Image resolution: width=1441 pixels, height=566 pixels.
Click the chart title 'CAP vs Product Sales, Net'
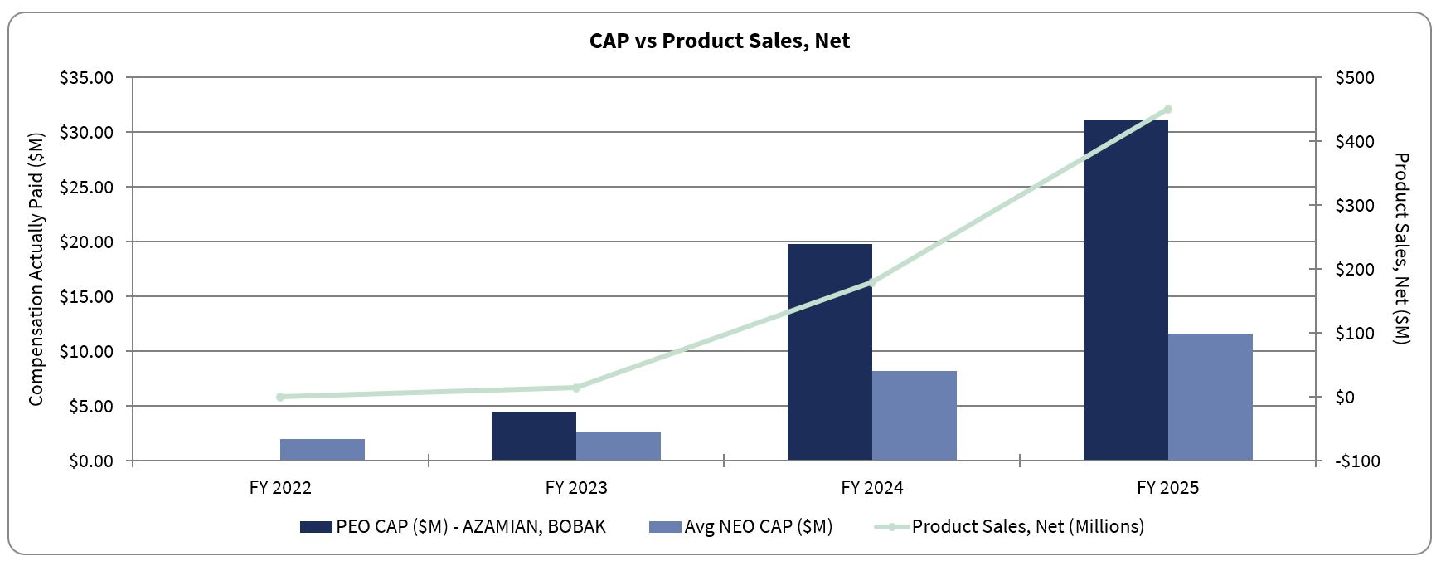(719, 41)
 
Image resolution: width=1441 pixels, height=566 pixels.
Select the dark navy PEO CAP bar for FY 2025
(1125, 290)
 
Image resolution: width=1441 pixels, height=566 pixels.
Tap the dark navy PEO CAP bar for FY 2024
(829, 352)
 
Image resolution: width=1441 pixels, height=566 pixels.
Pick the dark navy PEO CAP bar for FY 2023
(533, 436)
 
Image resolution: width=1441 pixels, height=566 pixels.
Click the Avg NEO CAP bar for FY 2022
(323, 449)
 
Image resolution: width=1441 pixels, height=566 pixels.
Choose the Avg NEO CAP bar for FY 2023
(619, 446)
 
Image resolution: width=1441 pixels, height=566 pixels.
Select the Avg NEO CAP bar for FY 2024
(914, 415)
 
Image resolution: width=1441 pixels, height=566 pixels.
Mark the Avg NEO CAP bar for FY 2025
(1210, 397)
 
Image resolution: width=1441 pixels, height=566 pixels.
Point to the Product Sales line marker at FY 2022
(280, 397)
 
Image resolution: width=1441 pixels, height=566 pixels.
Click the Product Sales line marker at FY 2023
(576, 388)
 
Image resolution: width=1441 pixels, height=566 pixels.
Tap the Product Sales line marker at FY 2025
(1167, 109)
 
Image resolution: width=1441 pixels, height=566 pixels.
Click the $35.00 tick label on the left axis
(86, 78)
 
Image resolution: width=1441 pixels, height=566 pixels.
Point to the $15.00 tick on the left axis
(86, 297)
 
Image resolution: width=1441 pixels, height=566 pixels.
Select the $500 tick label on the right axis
(1355, 78)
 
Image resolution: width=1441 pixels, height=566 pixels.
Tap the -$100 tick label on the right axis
(1357, 461)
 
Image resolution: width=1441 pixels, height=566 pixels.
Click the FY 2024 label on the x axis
(871, 488)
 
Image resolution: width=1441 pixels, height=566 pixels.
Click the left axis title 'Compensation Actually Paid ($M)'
(36, 269)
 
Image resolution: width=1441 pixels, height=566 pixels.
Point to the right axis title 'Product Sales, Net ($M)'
(1401, 247)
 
